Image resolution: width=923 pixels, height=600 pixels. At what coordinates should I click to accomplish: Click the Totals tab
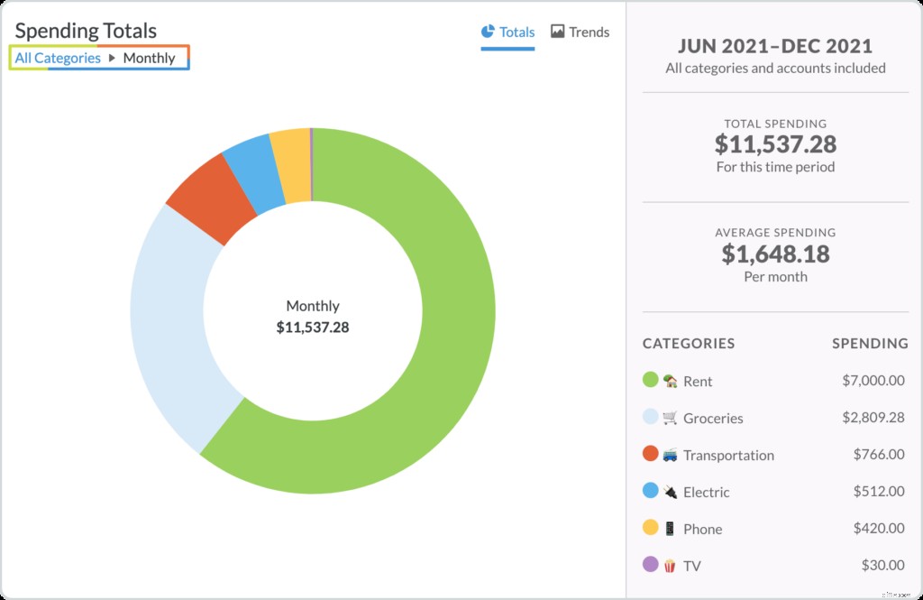click(508, 32)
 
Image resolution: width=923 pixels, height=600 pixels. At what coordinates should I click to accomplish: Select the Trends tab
click(580, 32)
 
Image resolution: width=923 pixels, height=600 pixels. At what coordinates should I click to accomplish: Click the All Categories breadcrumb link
click(58, 59)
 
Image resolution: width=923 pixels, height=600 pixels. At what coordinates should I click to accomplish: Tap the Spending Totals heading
click(86, 32)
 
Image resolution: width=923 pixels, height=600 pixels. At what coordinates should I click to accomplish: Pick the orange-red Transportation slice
click(210, 195)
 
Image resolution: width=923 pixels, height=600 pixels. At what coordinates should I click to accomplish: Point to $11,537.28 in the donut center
click(313, 328)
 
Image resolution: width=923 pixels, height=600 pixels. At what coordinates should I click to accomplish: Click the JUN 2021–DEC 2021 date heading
click(775, 46)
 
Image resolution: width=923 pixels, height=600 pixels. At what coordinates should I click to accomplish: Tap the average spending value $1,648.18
click(775, 254)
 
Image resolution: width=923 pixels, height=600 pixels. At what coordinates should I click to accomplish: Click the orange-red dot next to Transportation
click(650, 454)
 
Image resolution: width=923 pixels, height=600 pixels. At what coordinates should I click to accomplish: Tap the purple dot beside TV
click(650, 565)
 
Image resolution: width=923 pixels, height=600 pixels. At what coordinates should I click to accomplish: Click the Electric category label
click(706, 493)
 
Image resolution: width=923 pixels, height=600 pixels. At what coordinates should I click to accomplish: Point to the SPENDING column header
click(869, 344)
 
